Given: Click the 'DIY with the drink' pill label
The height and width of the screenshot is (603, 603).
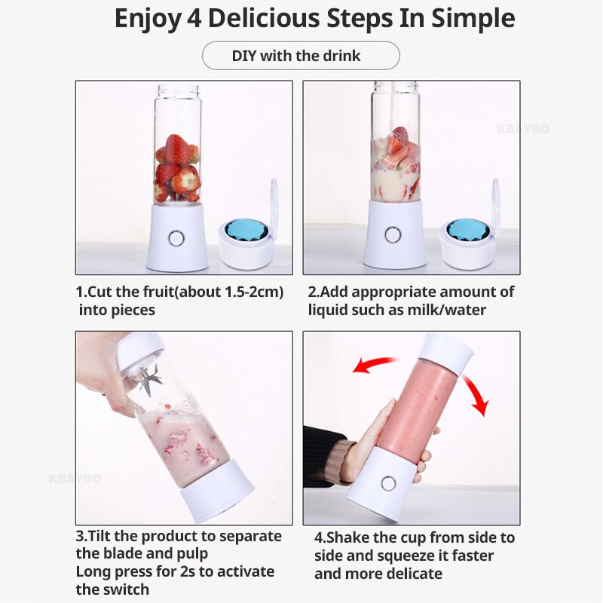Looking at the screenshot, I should tap(301, 56).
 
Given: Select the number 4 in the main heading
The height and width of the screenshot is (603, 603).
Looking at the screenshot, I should tap(194, 19).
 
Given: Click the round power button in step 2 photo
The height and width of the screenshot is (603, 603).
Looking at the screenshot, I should tap(393, 235).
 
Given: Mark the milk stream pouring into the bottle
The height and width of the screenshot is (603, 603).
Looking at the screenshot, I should tap(393, 106).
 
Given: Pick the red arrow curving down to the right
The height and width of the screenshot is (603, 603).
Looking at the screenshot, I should tap(475, 393).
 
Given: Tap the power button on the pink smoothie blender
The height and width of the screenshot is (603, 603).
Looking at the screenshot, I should tap(388, 482).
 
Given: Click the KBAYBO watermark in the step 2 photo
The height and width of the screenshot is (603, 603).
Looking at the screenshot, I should tap(523, 129).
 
